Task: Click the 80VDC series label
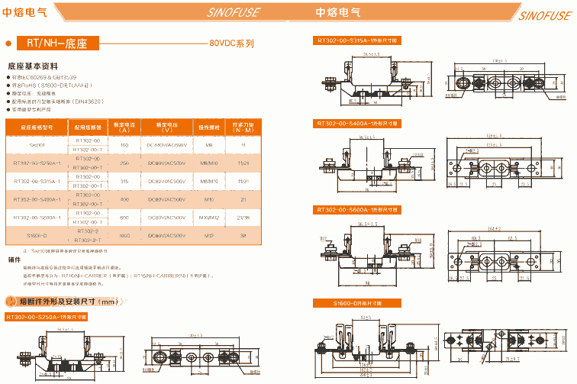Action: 231,44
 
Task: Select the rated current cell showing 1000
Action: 124,235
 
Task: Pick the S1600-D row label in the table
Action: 37,235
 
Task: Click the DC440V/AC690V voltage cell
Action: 166,144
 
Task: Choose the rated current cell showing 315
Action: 124,181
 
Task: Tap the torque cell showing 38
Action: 243,235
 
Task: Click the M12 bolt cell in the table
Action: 208,235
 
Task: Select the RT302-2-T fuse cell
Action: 89,240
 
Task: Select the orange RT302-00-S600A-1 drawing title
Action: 358,208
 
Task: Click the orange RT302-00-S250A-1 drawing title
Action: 47,316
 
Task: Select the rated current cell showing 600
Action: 124,218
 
